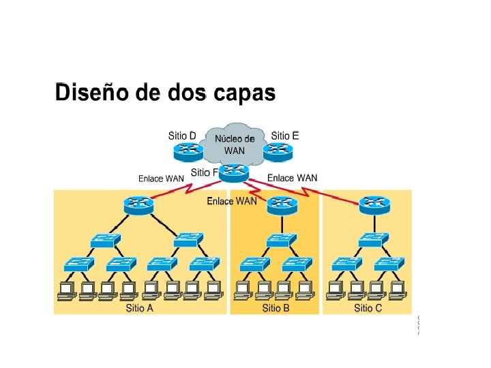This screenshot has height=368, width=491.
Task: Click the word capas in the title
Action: pyautogui.click(x=246, y=93)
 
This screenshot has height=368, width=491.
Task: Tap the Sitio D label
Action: pyautogui.click(x=182, y=135)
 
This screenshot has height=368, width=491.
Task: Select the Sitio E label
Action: pyautogui.click(x=284, y=135)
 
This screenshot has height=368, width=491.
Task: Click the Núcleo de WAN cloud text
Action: pyautogui.click(x=234, y=144)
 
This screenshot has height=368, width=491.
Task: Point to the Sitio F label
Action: pyautogui.click(x=204, y=172)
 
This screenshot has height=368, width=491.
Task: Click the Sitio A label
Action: pyautogui.click(x=139, y=308)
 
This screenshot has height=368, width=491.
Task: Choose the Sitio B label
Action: pyautogui.click(x=276, y=308)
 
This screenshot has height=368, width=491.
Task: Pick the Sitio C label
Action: pyautogui.click(x=368, y=308)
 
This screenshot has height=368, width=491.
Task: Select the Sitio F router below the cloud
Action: pyautogui.click(x=233, y=172)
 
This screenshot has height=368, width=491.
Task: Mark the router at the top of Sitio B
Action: pyautogui.click(x=282, y=203)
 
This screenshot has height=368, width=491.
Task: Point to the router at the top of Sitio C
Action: pyautogui.click(x=373, y=202)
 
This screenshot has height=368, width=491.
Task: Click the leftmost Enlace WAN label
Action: pyautogui.click(x=161, y=179)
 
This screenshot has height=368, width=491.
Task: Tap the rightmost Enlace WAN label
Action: pyautogui.click(x=292, y=178)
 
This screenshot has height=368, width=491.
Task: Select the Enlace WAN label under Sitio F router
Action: pyautogui.click(x=232, y=201)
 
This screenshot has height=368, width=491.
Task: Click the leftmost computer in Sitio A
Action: pyautogui.click(x=65, y=290)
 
